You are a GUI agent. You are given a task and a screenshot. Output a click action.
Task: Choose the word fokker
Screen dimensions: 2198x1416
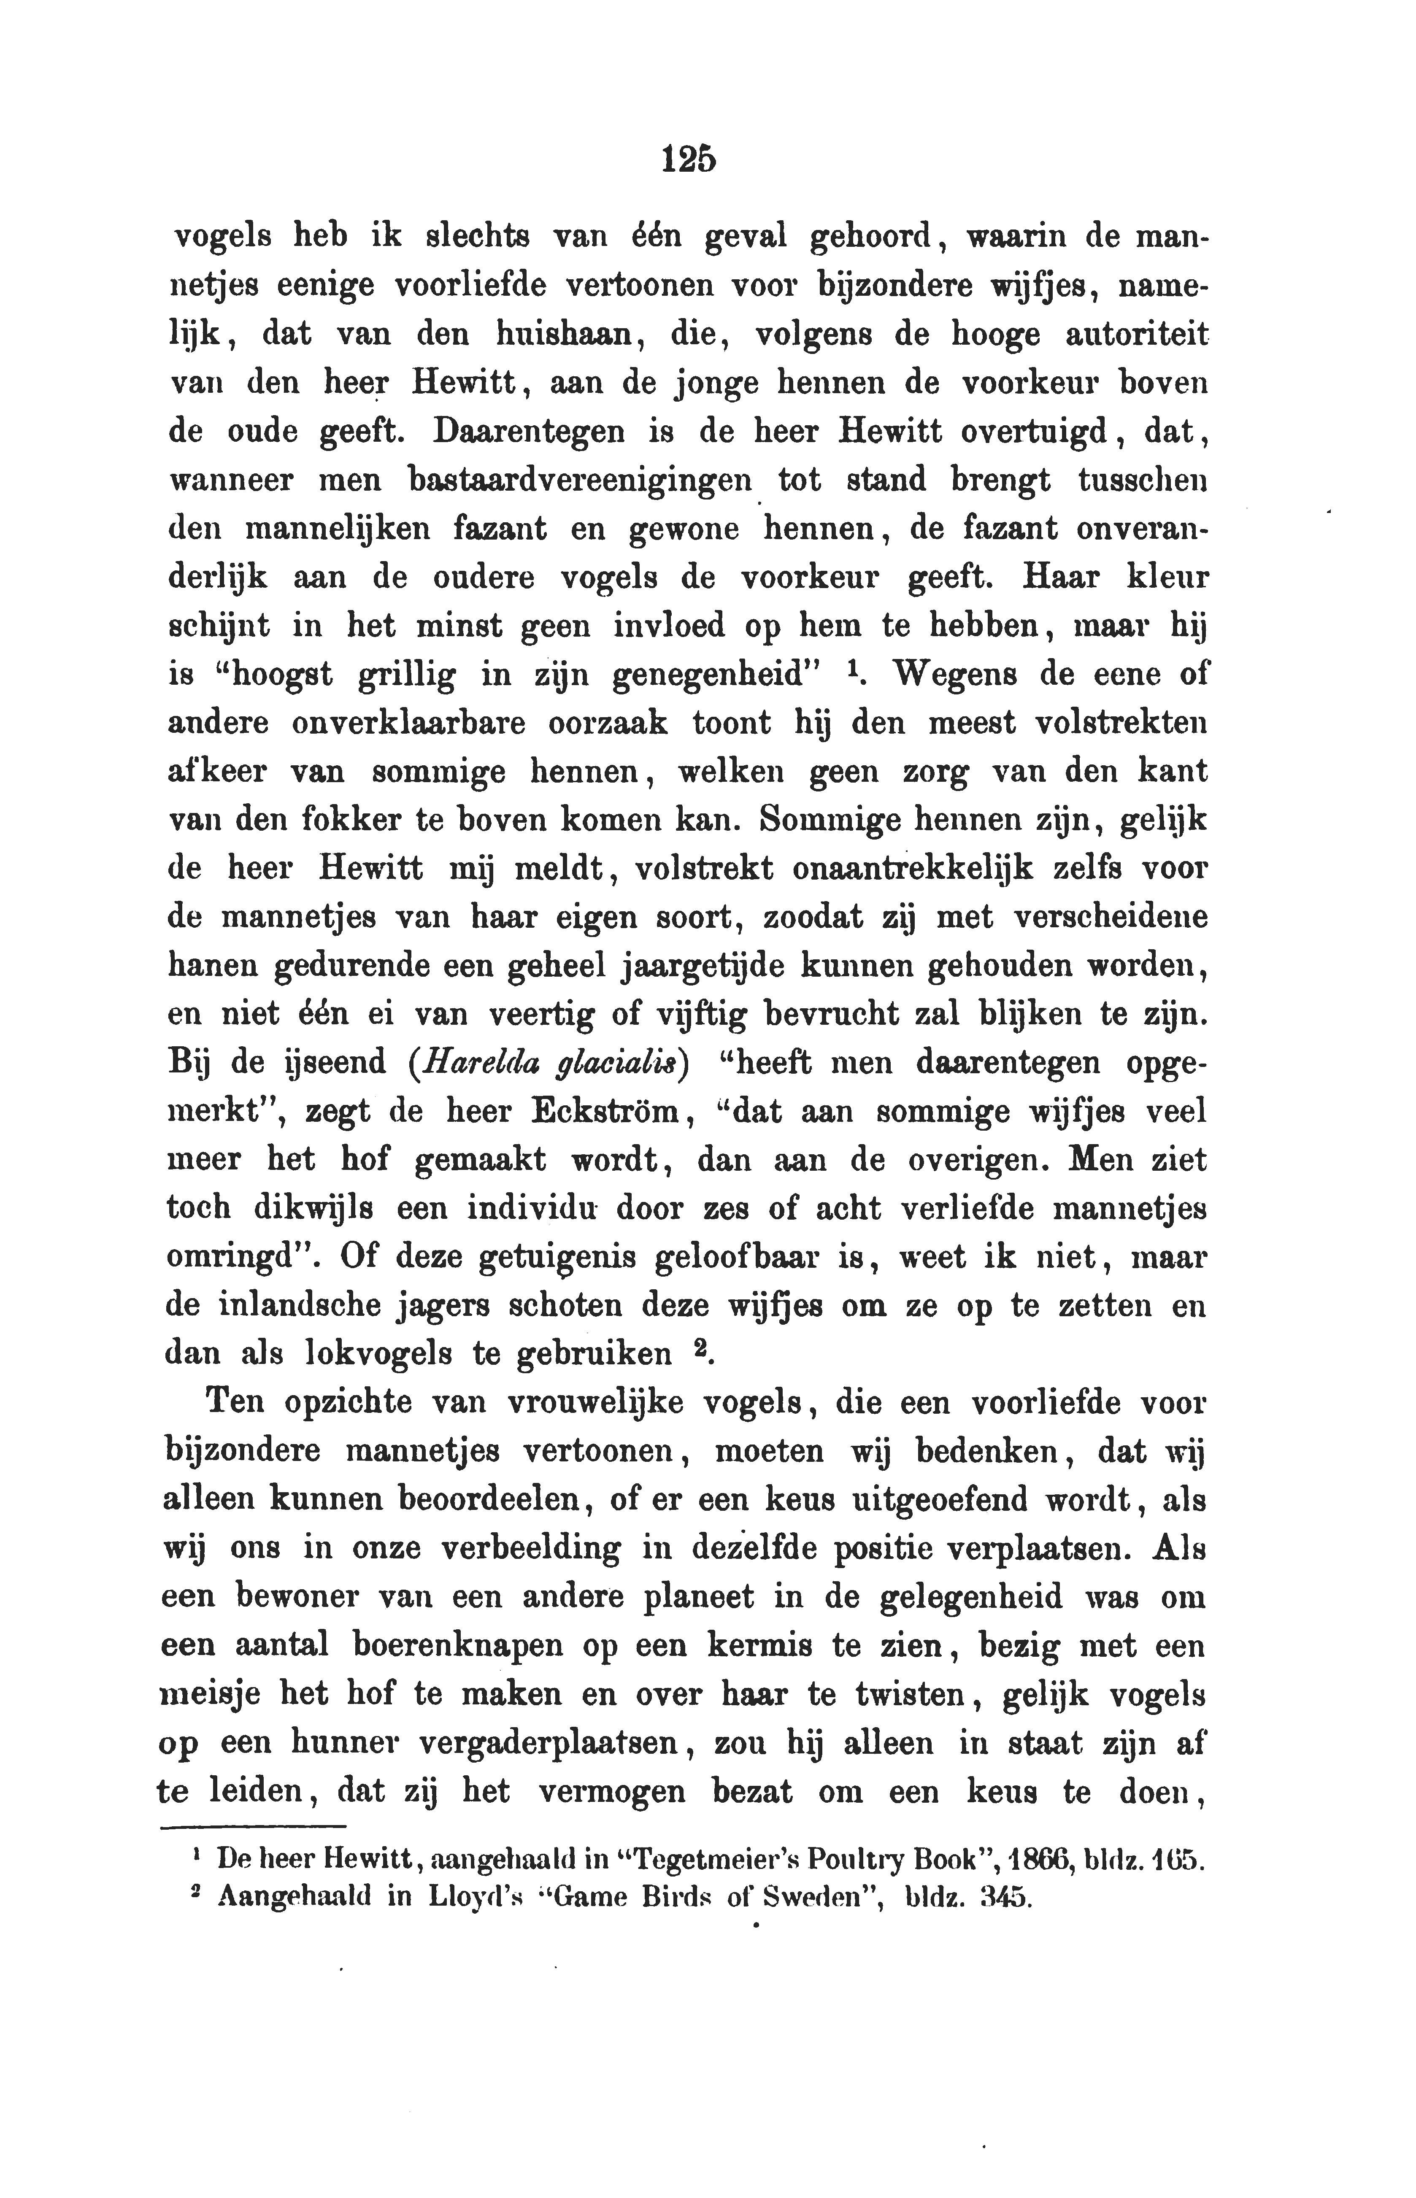pos(349,820)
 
